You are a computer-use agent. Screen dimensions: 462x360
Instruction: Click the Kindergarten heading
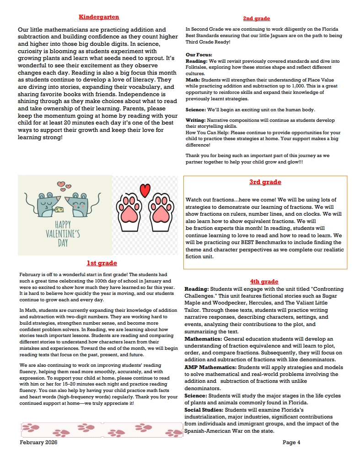pos(99,17)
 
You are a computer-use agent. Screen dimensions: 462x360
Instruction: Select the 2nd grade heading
pos(256,18)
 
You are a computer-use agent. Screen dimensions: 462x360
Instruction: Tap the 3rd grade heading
pos(265,182)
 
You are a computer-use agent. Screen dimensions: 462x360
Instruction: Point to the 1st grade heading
pos(102,263)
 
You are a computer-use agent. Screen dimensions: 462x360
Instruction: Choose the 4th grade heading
pos(264,281)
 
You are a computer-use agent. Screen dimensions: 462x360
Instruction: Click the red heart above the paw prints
pos(145,190)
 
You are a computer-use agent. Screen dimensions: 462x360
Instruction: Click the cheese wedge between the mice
pos(59,209)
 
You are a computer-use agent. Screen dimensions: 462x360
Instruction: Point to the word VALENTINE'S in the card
pos(63,234)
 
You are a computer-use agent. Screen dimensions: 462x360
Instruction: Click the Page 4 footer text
pos(291,442)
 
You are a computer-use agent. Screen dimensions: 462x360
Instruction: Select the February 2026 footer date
pos(38,442)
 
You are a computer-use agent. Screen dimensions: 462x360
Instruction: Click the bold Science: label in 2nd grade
pos(196,110)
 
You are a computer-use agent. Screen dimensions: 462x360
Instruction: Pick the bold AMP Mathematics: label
pos(210,367)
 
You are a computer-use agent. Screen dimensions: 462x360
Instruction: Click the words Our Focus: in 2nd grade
pos(199,55)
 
